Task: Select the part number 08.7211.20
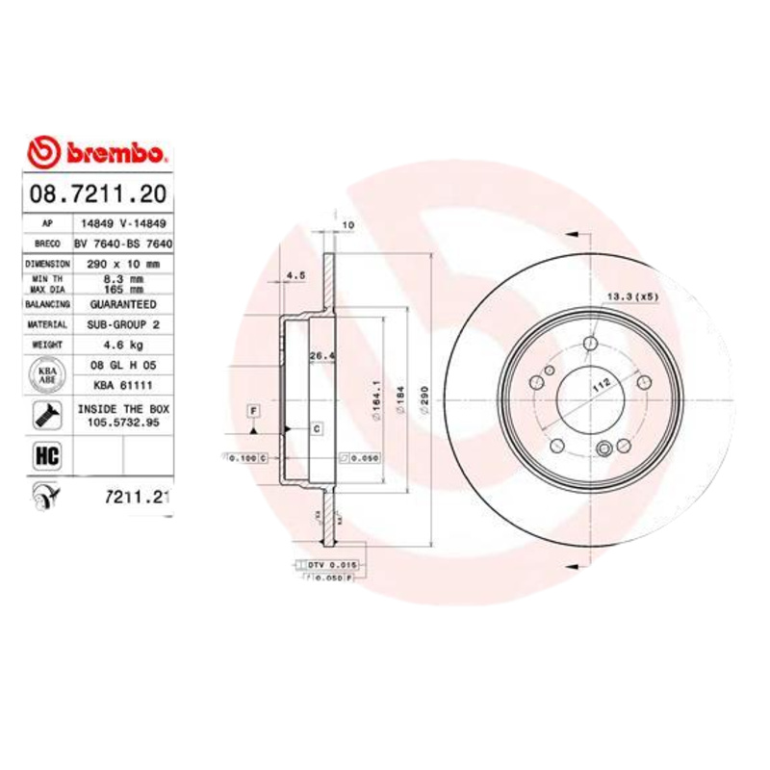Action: point(95,193)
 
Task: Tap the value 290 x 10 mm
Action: point(123,262)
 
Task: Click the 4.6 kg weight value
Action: point(123,345)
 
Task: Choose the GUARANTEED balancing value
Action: point(123,304)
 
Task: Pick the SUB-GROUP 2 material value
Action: point(123,325)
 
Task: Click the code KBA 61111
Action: point(123,384)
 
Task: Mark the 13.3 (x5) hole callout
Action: point(632,296)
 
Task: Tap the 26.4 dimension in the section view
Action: point(319,356)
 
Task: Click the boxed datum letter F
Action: point(254,411)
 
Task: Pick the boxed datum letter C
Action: point(315,426)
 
